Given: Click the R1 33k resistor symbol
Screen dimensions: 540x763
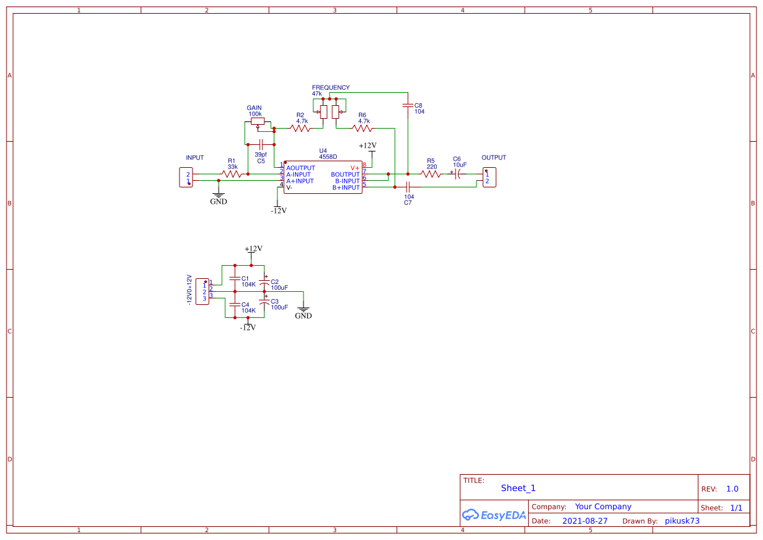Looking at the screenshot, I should [x=231, y=174].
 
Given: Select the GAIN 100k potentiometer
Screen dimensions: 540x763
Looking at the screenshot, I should [x=256, y=121].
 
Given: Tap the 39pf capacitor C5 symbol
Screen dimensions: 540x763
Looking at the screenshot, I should [x=261, y=144].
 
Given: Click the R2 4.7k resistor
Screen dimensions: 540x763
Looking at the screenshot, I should [x=301, y=129].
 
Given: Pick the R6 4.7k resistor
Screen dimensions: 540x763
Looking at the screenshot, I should [x=363, y=129].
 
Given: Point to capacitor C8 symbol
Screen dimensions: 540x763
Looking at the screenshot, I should [x=408, y=105].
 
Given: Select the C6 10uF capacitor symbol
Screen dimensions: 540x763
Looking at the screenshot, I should [x=458, y=174].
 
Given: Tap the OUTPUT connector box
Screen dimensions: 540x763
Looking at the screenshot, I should [x=488, y=177].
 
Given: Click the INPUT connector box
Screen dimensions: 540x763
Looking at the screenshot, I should [x=187, y=178].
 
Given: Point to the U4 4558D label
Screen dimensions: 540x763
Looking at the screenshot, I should [x=328, y=153].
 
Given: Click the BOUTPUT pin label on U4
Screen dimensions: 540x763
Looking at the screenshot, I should [x=345, y=174].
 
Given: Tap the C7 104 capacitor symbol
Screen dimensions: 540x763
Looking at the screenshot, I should [x=407, y=187].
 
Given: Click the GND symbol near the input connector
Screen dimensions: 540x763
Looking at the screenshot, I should [x=219, y=196].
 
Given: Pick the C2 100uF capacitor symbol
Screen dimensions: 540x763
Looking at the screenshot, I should [x=264, y=283].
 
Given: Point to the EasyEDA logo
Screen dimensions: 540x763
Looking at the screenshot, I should [x=493, y=515].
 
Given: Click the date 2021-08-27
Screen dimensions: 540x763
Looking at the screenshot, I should [x=585, y=521].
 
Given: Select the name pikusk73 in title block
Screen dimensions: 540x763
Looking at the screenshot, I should [x=682, y=521].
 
